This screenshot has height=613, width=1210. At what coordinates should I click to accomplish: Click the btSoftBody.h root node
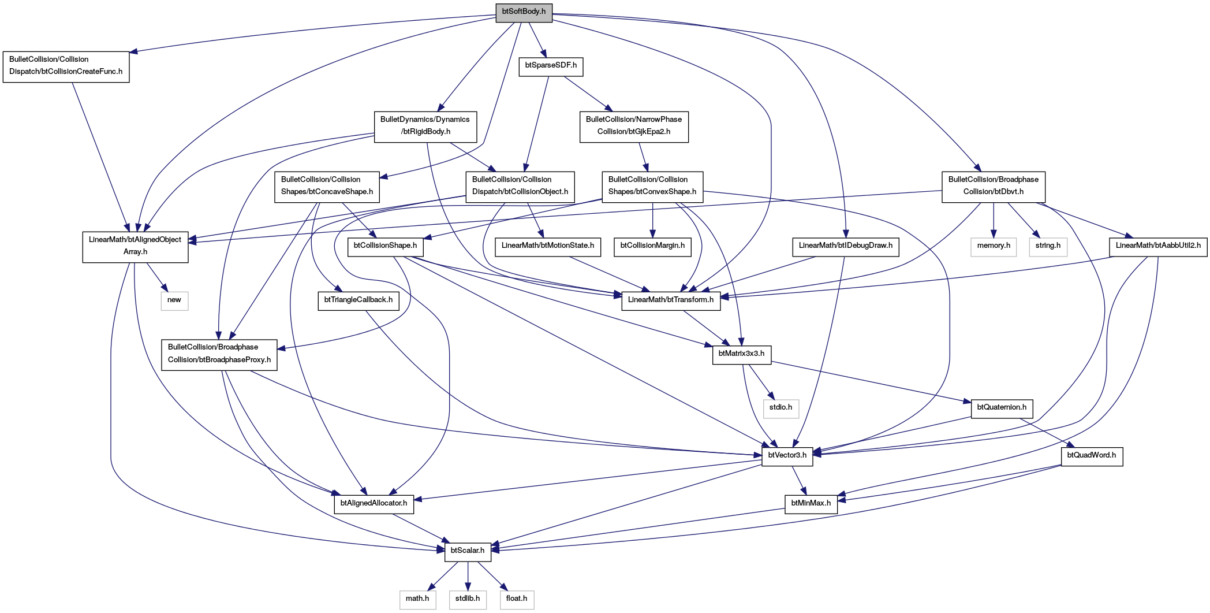(524, 12)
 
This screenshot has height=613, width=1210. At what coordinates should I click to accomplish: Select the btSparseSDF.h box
(551, 66)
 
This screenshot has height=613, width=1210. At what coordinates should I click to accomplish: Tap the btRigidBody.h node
(425, 126)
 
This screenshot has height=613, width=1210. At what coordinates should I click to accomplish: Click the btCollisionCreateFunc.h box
(66, 66)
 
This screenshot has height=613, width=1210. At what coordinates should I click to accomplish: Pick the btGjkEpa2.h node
(634, 126)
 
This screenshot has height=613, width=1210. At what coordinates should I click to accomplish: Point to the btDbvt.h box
(994, 186)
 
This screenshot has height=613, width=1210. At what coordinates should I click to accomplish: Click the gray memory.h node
(994, 246)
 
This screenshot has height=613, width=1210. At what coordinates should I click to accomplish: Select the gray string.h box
(1048, 246)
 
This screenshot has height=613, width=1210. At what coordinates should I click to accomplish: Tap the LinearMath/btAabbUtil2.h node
(1158, 246)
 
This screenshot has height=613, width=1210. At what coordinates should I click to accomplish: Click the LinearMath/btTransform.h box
(671, 300)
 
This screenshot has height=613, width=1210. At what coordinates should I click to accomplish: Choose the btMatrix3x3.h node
(741, 354)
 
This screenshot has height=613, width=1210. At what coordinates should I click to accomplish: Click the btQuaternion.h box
(1002, 408)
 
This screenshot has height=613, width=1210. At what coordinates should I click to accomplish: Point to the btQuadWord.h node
(1092, 456)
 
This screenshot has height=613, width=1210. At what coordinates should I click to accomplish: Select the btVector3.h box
(787, 456)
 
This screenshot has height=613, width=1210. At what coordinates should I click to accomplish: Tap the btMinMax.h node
(811, 504)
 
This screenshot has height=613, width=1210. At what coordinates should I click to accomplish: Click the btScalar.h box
(468, 551)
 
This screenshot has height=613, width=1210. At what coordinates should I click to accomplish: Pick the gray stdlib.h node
(468, 599)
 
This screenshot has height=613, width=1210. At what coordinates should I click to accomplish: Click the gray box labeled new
(174, 300)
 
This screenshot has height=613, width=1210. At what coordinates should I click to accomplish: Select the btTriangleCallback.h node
(358, 300)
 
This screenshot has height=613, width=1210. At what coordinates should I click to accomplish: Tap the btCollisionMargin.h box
(652, 246)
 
